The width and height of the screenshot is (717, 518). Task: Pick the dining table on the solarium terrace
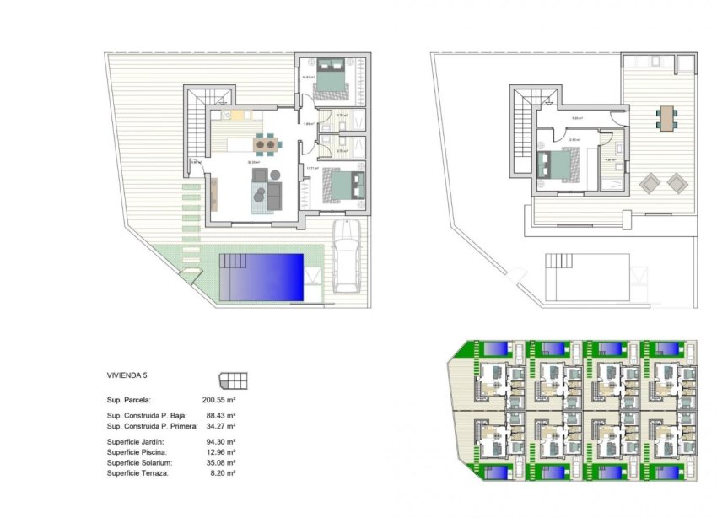click(x=667, y=117)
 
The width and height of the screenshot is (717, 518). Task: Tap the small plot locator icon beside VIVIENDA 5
click(x=233, y=379)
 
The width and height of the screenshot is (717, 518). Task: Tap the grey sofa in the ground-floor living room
click(x=271, y=196)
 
